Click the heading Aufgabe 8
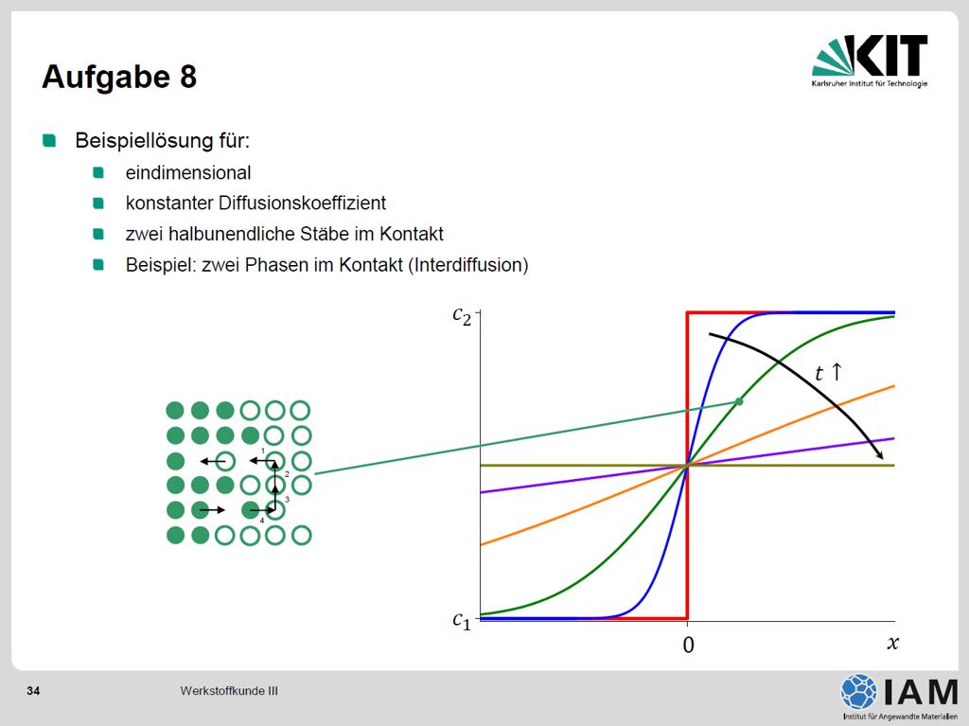(119, 77)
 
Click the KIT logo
(870, 61)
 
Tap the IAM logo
(899, 697)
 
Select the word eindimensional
(188, 172)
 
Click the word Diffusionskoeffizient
(302, 203)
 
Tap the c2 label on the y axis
(462, 315)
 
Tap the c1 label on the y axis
(462, 620)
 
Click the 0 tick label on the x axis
(689, 645)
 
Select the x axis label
(892, 643)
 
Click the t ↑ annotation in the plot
(828, 372)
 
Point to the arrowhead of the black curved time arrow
(879, 454)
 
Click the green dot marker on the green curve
(738, 401)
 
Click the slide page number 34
(33, 691)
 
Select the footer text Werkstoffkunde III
(229, 691)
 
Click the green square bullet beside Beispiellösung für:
(49, 140)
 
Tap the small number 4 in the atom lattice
(262, 521)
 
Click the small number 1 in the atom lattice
(263, 451)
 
